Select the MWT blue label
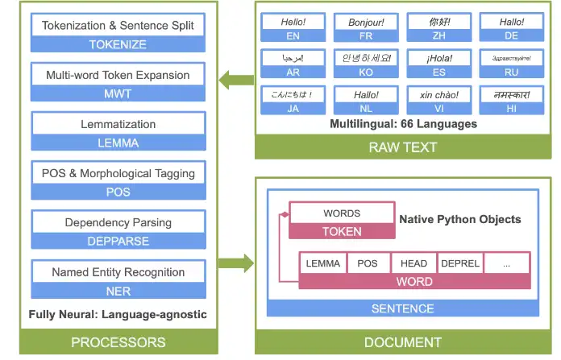point(118,94)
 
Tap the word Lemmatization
point(118,125)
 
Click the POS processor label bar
point(118,192)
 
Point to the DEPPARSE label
point(118,242)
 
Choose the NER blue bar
point(118,291)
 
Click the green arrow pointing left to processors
point(236,80)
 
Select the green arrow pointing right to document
point(236,263)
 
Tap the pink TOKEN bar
point(342,231)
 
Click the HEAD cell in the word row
point(413,263)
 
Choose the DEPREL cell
point(460,263)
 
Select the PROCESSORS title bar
point(118,342)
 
